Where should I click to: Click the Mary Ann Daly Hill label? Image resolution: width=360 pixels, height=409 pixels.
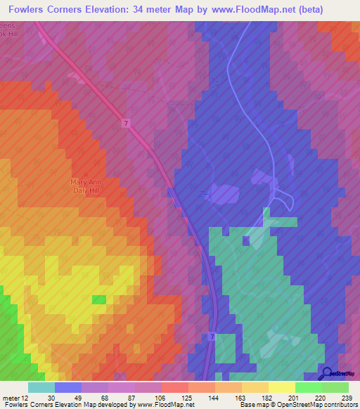coord(89,186)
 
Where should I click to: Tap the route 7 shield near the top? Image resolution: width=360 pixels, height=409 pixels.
coord(125,124)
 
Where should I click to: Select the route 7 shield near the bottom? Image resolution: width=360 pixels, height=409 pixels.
coord(212,337)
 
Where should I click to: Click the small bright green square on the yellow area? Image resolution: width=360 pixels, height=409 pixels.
coord(99,299)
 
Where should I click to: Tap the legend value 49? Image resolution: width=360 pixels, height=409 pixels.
coord(77,398)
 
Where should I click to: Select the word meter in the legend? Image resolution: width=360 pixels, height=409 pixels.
coord(9,398)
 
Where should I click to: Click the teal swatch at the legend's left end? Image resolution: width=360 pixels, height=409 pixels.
coord(41,387)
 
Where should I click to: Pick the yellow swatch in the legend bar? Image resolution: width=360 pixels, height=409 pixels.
coord(281,387)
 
